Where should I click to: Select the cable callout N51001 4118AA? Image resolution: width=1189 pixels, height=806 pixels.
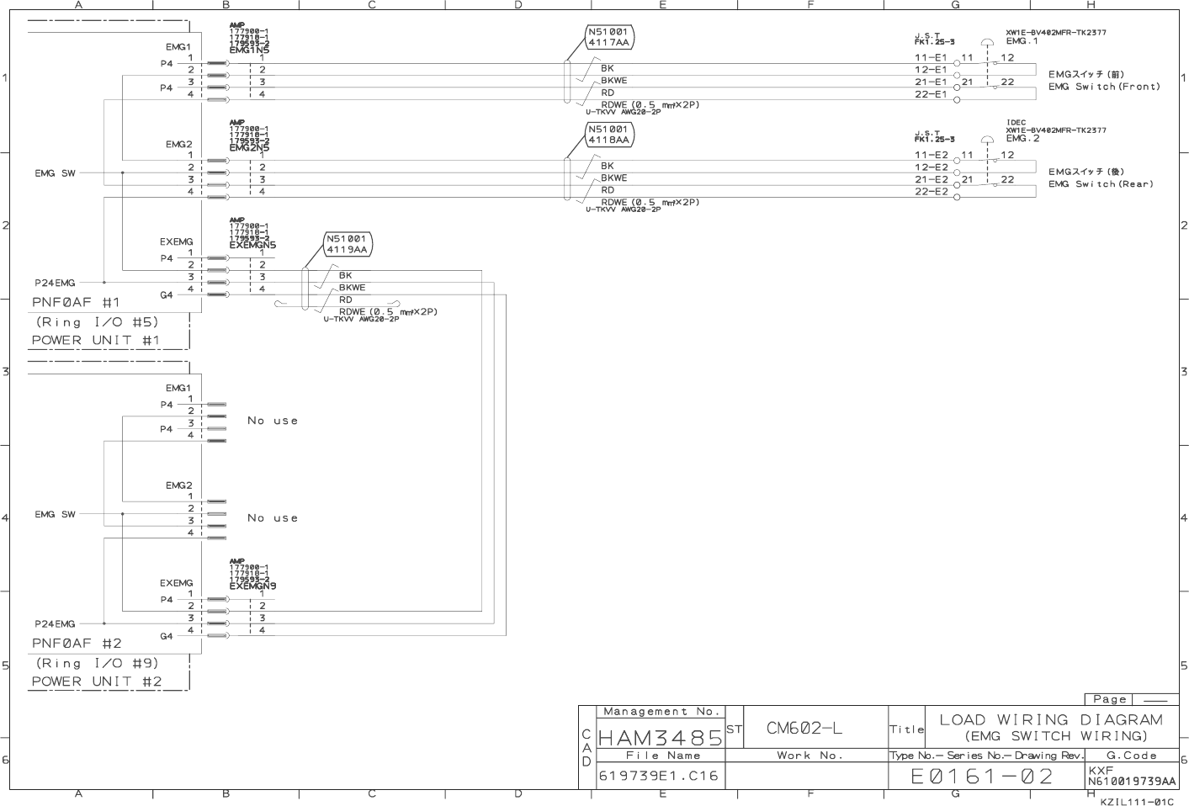click(608, 135)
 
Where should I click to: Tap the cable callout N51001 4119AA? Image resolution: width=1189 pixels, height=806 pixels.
click(347, 244)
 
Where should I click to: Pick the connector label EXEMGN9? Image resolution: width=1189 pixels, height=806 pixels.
click(252, 586)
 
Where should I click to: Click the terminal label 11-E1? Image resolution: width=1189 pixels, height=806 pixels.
click(931, 58)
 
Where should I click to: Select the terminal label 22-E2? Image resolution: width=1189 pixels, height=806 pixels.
click(931, 192)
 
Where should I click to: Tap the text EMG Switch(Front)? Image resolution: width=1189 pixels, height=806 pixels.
click(1104, 87)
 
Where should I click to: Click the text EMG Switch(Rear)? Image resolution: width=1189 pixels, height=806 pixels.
click(1101, 184)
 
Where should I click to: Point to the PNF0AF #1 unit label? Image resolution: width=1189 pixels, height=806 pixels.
click(76, 302)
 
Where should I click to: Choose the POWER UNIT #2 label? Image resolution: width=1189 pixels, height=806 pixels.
click(97, 681)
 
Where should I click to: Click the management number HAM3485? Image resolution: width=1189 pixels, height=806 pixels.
click(660, 738)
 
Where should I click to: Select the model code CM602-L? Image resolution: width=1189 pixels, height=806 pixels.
click(804, 729)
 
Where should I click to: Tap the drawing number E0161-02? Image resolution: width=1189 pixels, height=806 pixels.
click(982, 776)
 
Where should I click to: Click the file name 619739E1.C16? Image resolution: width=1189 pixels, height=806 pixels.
click(659, 776)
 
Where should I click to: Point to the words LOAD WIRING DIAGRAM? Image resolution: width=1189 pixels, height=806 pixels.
click(1051, 719)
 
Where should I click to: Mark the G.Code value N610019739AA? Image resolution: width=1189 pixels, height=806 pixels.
click(1132, 782)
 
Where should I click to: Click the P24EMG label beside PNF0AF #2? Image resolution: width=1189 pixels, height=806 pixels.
click(55, 623)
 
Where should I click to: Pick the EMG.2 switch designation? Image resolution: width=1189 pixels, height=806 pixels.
click(1022, 139)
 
